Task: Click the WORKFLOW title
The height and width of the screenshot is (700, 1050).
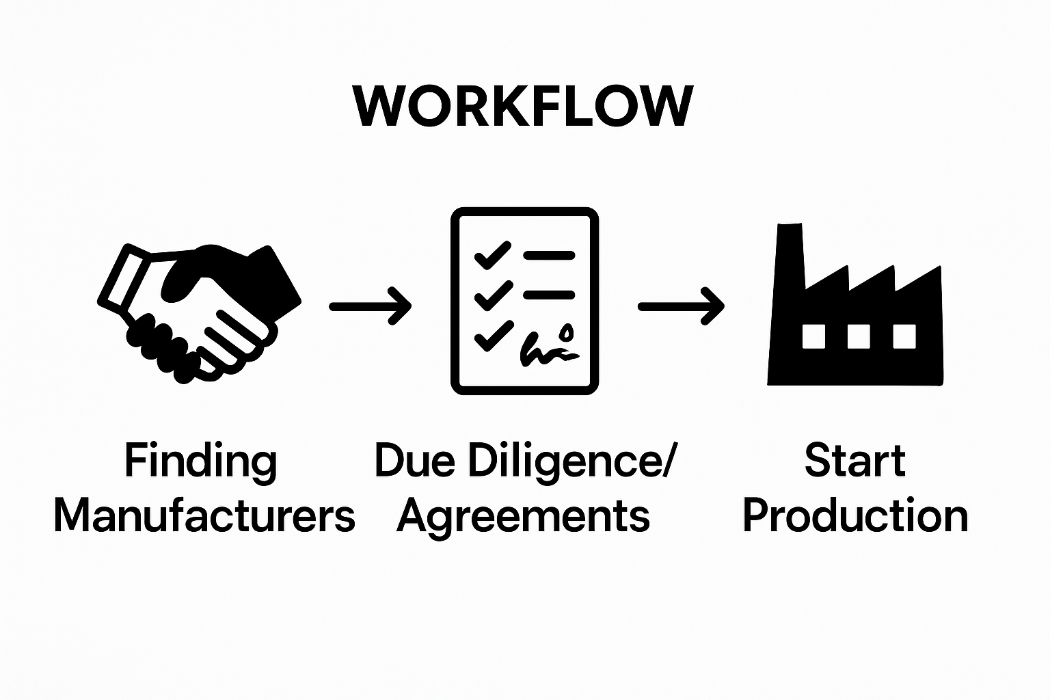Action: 524,107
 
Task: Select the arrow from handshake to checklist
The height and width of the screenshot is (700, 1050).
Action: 370,306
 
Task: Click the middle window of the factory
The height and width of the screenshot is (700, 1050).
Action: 859,336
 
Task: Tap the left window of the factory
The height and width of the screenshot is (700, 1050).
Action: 813,336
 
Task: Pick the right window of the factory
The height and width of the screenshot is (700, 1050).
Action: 904,336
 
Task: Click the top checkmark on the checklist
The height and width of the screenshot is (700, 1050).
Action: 492,256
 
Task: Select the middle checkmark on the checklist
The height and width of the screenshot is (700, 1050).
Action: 492,295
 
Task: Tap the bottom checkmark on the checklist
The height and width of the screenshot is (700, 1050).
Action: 492,336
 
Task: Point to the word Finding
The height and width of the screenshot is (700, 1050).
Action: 201,461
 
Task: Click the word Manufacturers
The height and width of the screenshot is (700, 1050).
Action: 204,516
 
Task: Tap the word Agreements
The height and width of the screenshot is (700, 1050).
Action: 524,517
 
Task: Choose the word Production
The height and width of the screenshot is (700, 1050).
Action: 855,516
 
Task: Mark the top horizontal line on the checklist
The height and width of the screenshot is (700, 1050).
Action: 549,256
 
